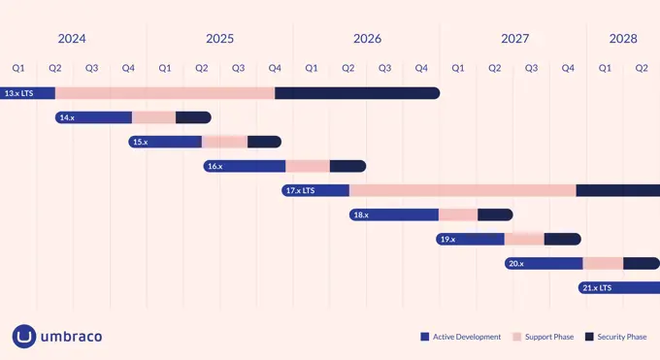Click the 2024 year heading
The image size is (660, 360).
click(72, 39)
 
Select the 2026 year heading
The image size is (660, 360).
click(367, 39)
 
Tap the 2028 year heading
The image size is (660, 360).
click(623, 39)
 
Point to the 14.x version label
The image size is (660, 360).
click(67, 117)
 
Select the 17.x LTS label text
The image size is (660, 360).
click(301, 190)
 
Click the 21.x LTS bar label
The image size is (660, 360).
click(597, 288)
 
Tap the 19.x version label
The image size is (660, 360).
click(447, 239)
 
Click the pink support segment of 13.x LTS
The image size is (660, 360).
click(165, 93)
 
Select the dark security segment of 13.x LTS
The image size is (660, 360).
click(357, 93)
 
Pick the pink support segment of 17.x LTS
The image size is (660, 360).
click(462, 190)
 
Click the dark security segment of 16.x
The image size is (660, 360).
click(347, 166)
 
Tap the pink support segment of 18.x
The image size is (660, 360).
click(458, 214)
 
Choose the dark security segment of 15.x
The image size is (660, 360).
click(264, 142)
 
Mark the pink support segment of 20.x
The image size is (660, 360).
click(603, 263)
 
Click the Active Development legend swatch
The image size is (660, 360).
click(425, 337)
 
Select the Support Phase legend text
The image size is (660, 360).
click(549, 337)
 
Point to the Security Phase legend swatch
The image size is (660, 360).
click(589, 337)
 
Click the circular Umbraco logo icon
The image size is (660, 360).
click(24, 337)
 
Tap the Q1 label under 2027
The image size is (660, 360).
click(458, 68)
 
